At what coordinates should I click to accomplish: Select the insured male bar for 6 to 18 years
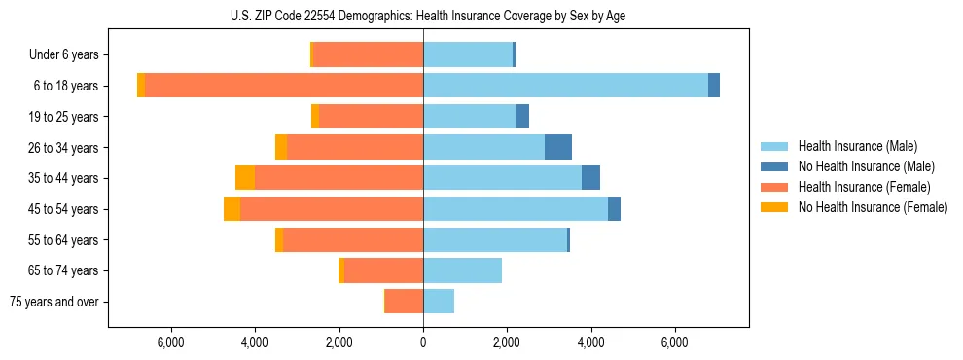coord(565,86)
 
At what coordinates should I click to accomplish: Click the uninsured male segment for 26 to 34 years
coord(558,147)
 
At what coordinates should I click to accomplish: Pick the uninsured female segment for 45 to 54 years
coord(232,209)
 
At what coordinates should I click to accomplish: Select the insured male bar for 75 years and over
coord(439,302)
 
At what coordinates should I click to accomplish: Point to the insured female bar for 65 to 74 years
coord(383,270)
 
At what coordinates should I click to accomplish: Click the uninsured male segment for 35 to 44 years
coord(590,178)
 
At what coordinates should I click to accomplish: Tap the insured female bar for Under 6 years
coord(368,54)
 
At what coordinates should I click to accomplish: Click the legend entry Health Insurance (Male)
coord(857,146)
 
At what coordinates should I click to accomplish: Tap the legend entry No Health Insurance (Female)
coord(872,207)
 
